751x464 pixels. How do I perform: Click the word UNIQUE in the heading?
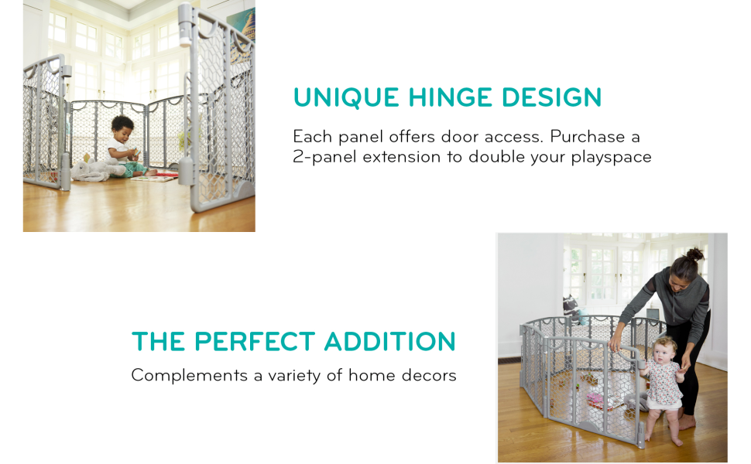click(346, 97)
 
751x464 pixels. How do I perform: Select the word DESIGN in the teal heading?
click(552, 97)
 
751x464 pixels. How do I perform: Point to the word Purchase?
click(587, 136)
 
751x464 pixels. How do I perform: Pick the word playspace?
click(611, 157)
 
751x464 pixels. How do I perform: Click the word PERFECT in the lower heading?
click(255, 342)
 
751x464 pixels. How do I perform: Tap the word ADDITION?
click(390, 342)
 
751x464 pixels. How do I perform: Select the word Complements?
click(189, 376)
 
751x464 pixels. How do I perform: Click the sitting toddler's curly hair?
click(122, 123)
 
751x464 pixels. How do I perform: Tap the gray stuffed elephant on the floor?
click(96, 170)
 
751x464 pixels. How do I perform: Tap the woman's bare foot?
click(687, 422)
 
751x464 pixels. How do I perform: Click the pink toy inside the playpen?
click(596, 399)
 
